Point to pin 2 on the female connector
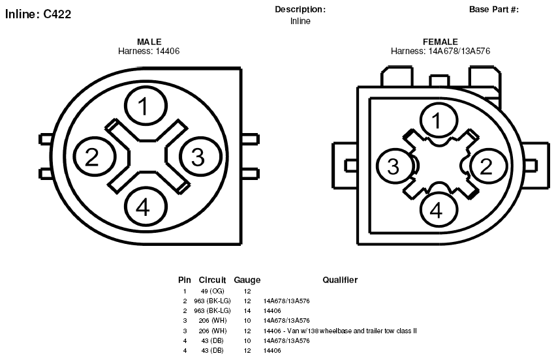click(x=488, y=166)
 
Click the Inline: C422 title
click(x=38, y=14)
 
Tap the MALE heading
click(x=149, y=42)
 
